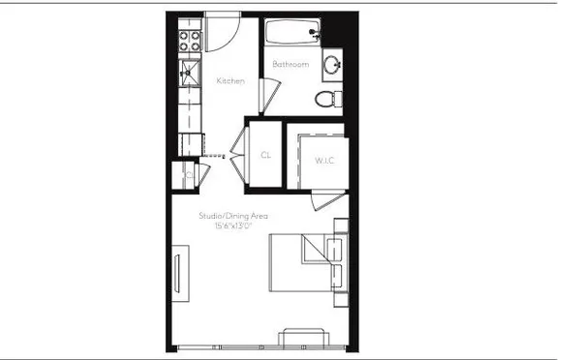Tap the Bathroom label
290,65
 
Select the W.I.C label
323,160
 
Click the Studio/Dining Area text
232,216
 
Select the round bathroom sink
333,66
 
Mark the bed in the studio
300,261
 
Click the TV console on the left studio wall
180,273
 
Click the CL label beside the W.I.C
265,155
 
